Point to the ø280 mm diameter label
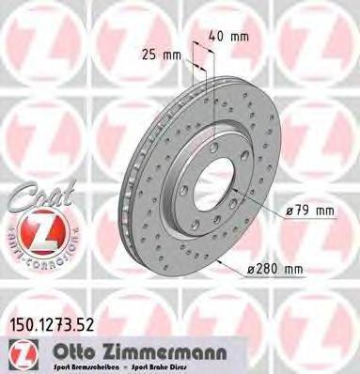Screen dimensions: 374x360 279,270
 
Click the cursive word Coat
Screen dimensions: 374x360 36,199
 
